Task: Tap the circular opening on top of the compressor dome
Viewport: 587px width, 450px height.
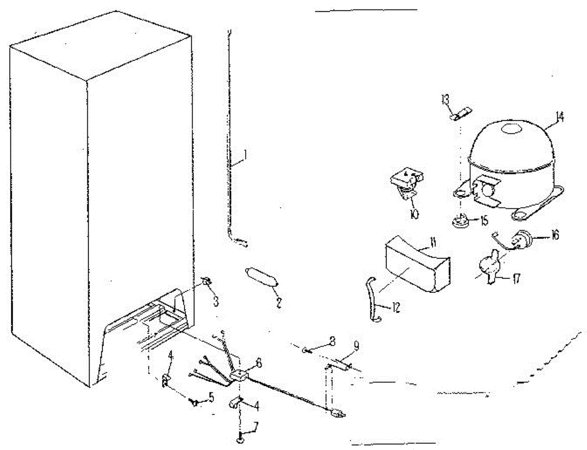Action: coord(511,129)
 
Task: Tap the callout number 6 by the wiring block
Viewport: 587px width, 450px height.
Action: coord(258,363)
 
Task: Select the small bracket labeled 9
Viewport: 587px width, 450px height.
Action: coord(342,363)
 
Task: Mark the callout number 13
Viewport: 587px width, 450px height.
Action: coord(445,100)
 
